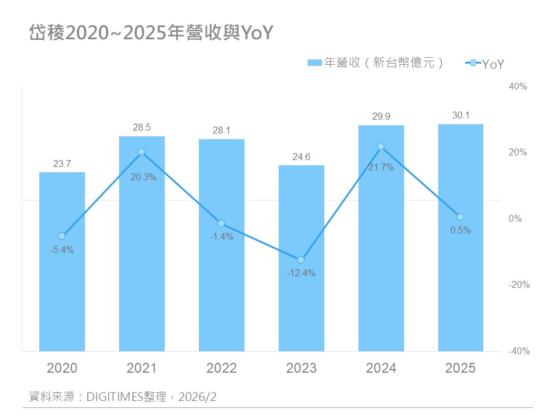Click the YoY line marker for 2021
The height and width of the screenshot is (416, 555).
coord(142,152)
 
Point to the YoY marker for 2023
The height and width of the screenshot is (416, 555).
coord(301,260)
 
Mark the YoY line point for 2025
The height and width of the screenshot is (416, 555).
coord(461,217)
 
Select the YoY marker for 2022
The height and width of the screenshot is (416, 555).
coord(221,224)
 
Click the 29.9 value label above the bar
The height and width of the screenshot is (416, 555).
coord(381,117)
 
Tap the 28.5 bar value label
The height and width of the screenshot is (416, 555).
coord(142,128)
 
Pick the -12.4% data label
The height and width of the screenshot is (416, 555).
coord(301,273)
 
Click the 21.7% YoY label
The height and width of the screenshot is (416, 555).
coord(381,168)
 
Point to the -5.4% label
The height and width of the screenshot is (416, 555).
coord(62,250)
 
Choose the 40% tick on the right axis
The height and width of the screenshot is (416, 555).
coord(518,87)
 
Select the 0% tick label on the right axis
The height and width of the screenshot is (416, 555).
coord(515,219)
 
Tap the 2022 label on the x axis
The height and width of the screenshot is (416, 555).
coord(221,368)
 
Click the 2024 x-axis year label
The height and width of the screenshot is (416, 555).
coord(381,368)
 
